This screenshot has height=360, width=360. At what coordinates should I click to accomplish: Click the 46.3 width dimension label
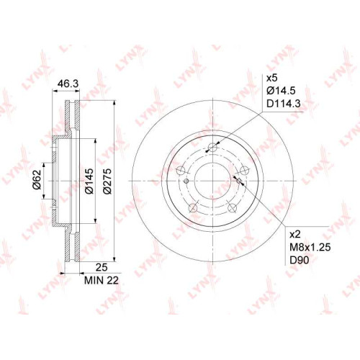coord(68,84)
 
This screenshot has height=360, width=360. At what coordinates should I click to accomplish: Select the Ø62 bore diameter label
coord(37,180)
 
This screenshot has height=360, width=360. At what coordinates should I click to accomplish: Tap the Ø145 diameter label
coord(89,181)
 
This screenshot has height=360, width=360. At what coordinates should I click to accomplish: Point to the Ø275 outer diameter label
coord(107,181)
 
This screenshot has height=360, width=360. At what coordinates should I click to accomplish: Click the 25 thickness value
coord(102,267)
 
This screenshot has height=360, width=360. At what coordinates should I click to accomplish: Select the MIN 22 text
coord(102,280)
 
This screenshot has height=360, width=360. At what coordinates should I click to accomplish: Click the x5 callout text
coord(272,78)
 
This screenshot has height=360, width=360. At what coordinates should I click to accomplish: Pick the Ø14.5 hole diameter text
coord(281,91)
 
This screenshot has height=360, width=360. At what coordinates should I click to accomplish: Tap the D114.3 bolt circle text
coord(284,104)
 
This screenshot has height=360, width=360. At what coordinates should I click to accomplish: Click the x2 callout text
coord(295,235)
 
